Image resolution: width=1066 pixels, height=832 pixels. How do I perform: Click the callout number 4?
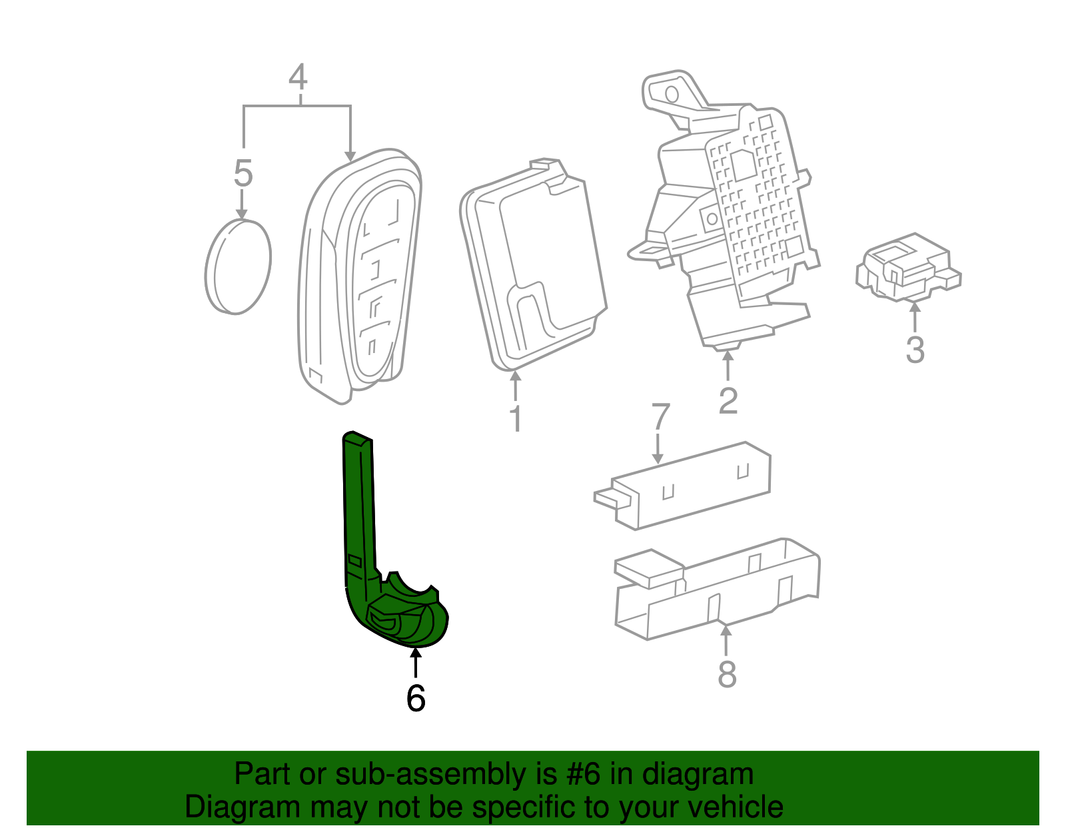[298, 78]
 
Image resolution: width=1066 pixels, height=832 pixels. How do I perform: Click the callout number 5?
[243, 173]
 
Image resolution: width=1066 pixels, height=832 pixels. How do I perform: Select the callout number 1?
[515, 419]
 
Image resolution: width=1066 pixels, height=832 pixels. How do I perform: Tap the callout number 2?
[728, 400]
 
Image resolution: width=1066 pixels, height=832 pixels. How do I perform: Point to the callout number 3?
[915, 350]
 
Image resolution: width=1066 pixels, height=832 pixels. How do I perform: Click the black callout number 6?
[416, 698]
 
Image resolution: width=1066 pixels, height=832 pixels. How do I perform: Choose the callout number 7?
[660, 417]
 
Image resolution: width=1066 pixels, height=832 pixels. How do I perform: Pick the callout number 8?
[727, 674]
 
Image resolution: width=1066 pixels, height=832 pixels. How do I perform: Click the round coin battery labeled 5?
[238, 266]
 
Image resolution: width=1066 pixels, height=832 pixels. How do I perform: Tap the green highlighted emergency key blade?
[380, 566]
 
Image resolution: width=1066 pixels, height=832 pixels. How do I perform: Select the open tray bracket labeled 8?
[716, 586]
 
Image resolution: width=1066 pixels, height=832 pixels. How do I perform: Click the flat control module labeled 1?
[533, 266]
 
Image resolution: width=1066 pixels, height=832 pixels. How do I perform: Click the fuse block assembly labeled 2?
[733, 213]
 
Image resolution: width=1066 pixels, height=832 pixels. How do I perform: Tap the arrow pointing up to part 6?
[416, 663]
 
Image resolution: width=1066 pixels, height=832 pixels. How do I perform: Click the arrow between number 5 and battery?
[242, 204]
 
